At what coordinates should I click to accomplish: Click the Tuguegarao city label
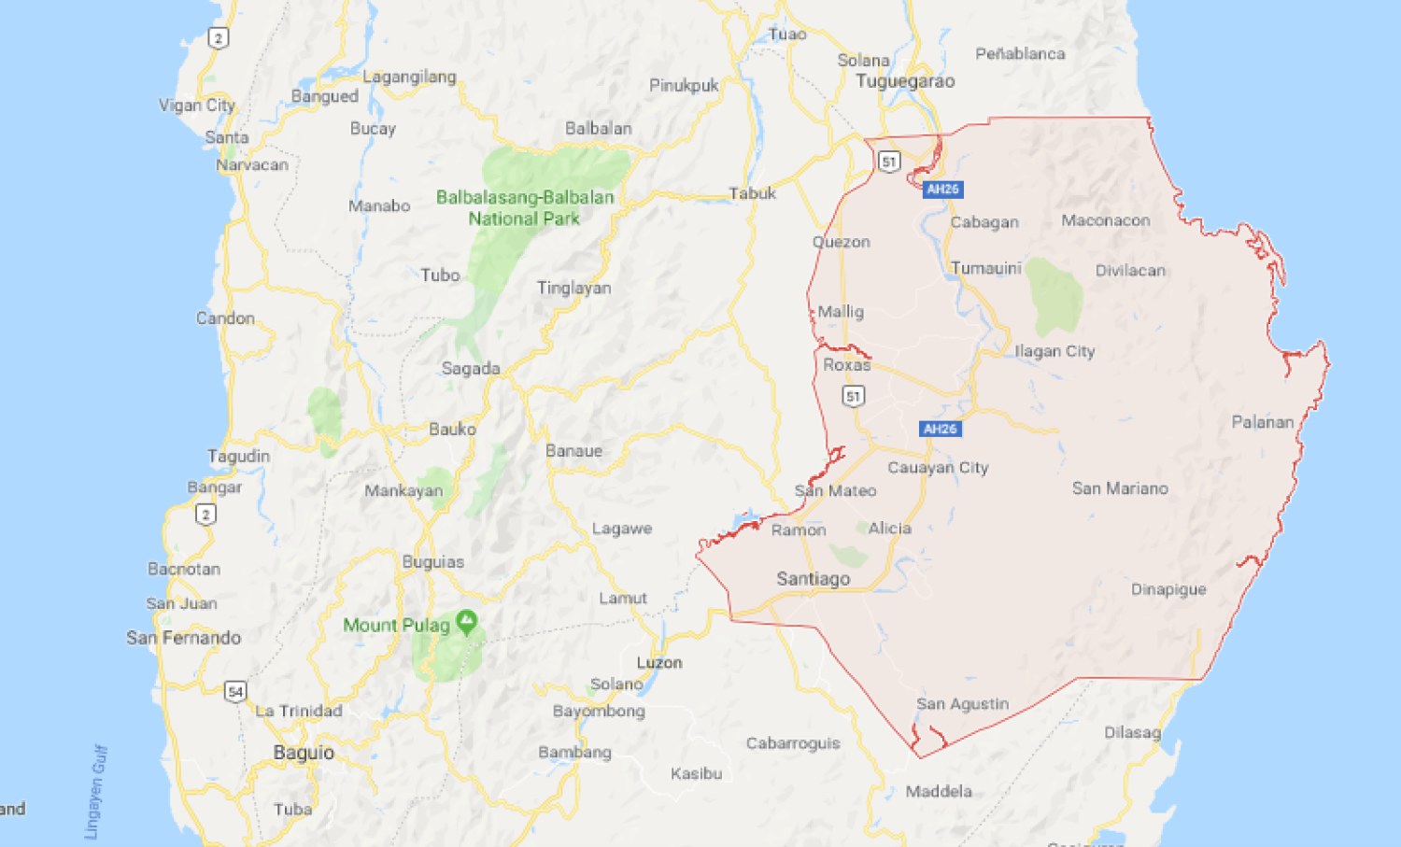(x=905, y=81)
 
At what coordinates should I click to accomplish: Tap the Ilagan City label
(x=1054, y=351)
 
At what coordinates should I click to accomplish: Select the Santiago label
(x=814, y=579)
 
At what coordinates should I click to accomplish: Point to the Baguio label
(x=304, y=753)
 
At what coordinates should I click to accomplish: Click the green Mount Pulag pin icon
(x=467, y=622)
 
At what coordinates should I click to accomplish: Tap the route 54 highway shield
(x=235, y=692)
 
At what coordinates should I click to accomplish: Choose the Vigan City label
(x=197, y=105)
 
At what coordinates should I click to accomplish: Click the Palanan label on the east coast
(x=1263, y=422)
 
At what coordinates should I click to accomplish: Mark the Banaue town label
(x=573, y=451)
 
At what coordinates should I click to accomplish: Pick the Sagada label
(x=471, y=369)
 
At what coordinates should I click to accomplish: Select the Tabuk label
(x=752, y=193)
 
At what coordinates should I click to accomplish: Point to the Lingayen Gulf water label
(x=95, y=792)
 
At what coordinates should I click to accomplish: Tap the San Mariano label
(x=1120, y=488)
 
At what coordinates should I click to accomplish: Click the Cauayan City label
(x=938, y=467)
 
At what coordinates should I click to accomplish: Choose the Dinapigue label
(x=1168, y=589)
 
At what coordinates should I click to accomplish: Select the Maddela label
(x=939, y=791)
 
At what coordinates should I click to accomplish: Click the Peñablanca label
(x=1020, y=54)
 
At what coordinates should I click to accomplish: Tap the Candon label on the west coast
(x=225, y=318)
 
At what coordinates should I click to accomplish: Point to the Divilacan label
(x=1130, y=271)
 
